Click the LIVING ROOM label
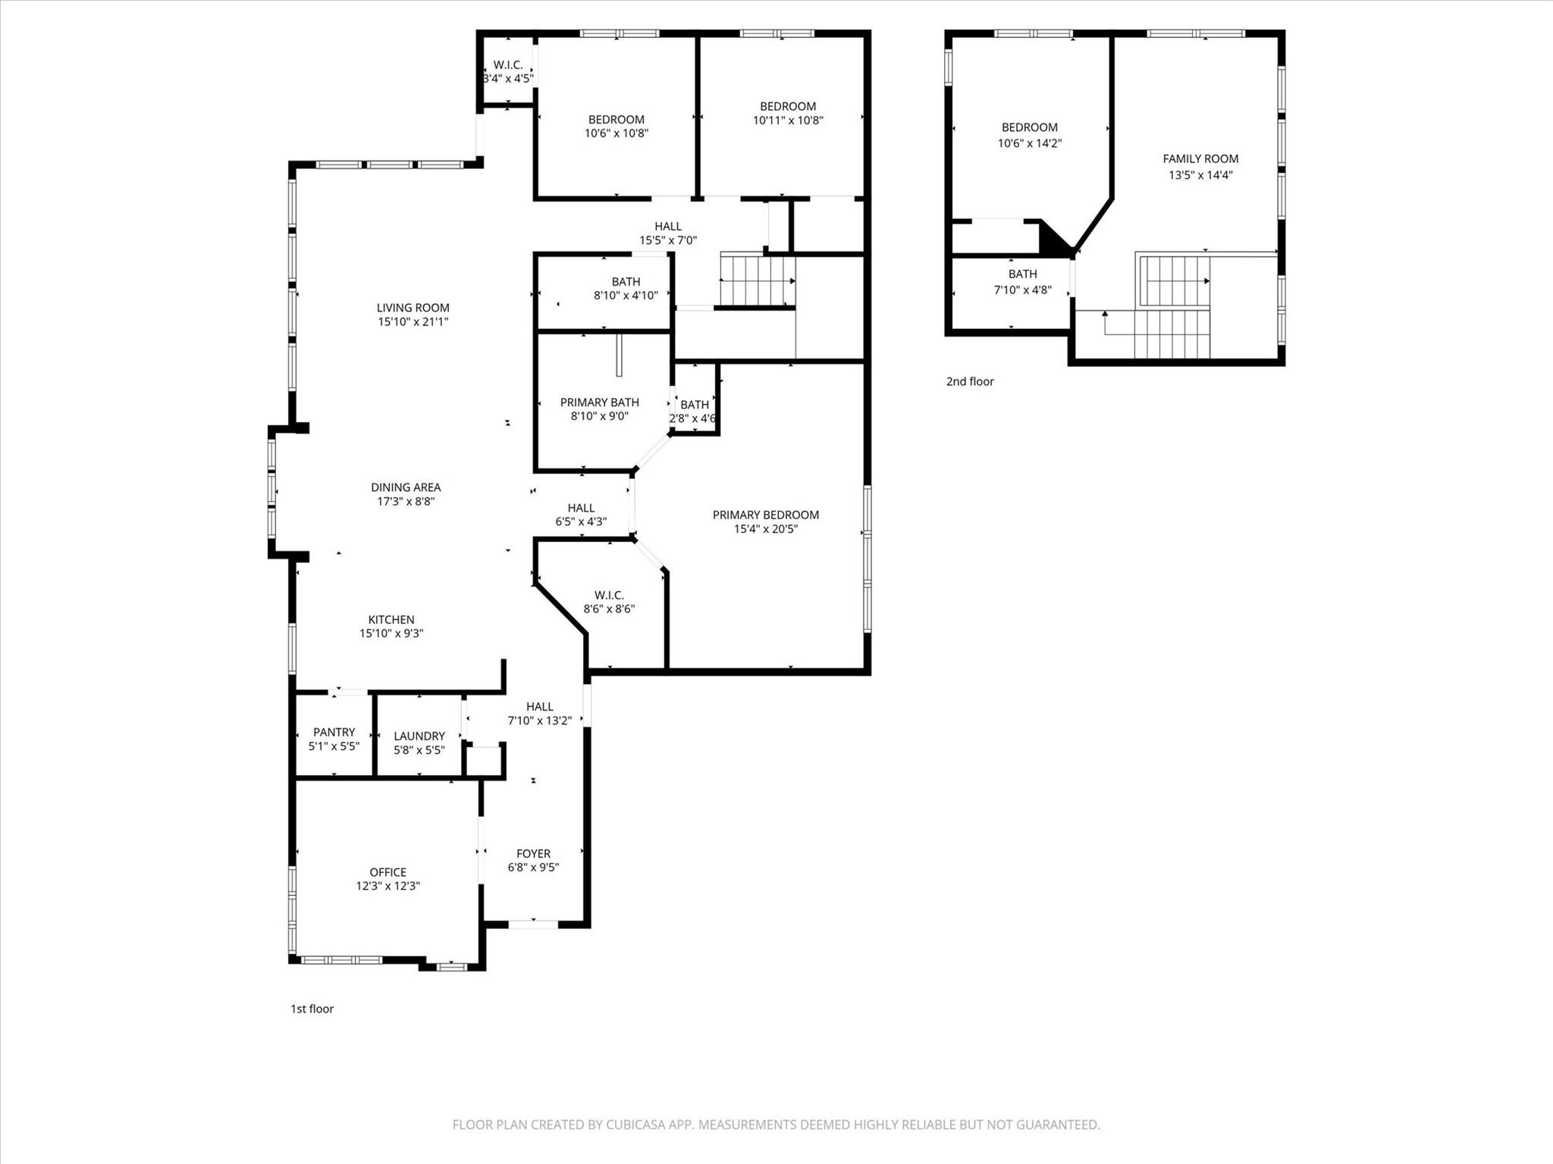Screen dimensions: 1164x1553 point(413,308)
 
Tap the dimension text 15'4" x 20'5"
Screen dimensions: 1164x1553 point(765,529)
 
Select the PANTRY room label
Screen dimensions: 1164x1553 point(334,732)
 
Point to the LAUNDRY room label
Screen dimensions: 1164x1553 point(419,736)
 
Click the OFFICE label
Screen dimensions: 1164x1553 point(387,872)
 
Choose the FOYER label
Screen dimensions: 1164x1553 point(533,853)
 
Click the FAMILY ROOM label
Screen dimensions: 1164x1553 point(1200,159)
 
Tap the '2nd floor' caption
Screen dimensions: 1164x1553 point(969,381)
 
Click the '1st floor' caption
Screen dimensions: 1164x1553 point(312,1009)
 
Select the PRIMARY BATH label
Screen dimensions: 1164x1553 point(599,402)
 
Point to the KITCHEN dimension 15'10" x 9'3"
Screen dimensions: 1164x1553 point(391,634)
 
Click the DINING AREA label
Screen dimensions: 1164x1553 point(405,487)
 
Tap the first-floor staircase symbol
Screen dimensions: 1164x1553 point(756,280)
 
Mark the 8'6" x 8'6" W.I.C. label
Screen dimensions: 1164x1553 point(608,602)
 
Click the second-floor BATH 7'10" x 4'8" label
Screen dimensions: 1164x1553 point(1022,281)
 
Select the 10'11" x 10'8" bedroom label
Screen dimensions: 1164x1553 point(787,113)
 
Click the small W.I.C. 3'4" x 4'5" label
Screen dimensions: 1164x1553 point(508,71)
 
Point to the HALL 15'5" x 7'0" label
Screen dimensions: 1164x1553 point(667,233)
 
